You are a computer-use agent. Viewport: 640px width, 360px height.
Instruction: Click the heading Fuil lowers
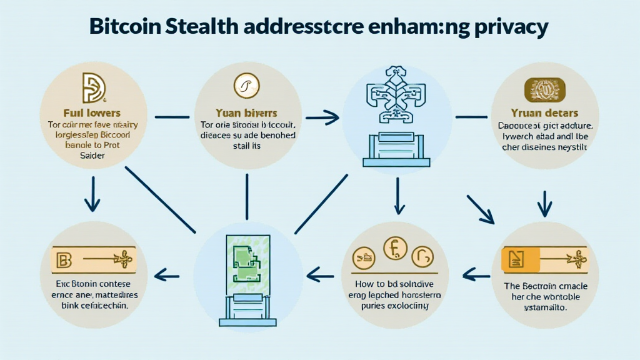tap(93, 113)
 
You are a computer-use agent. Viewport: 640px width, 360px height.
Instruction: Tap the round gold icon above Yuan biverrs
tap(246, 88)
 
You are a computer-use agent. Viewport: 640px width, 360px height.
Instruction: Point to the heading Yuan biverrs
tap(246, 114)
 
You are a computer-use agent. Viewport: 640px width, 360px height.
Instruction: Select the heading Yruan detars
tap(544, 114)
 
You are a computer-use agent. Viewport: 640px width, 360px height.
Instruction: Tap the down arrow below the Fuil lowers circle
tap(92, 194)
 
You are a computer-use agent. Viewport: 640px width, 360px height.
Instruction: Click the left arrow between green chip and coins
tap(319, 272)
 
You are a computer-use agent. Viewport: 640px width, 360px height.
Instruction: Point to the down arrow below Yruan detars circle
tap(544, 202)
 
